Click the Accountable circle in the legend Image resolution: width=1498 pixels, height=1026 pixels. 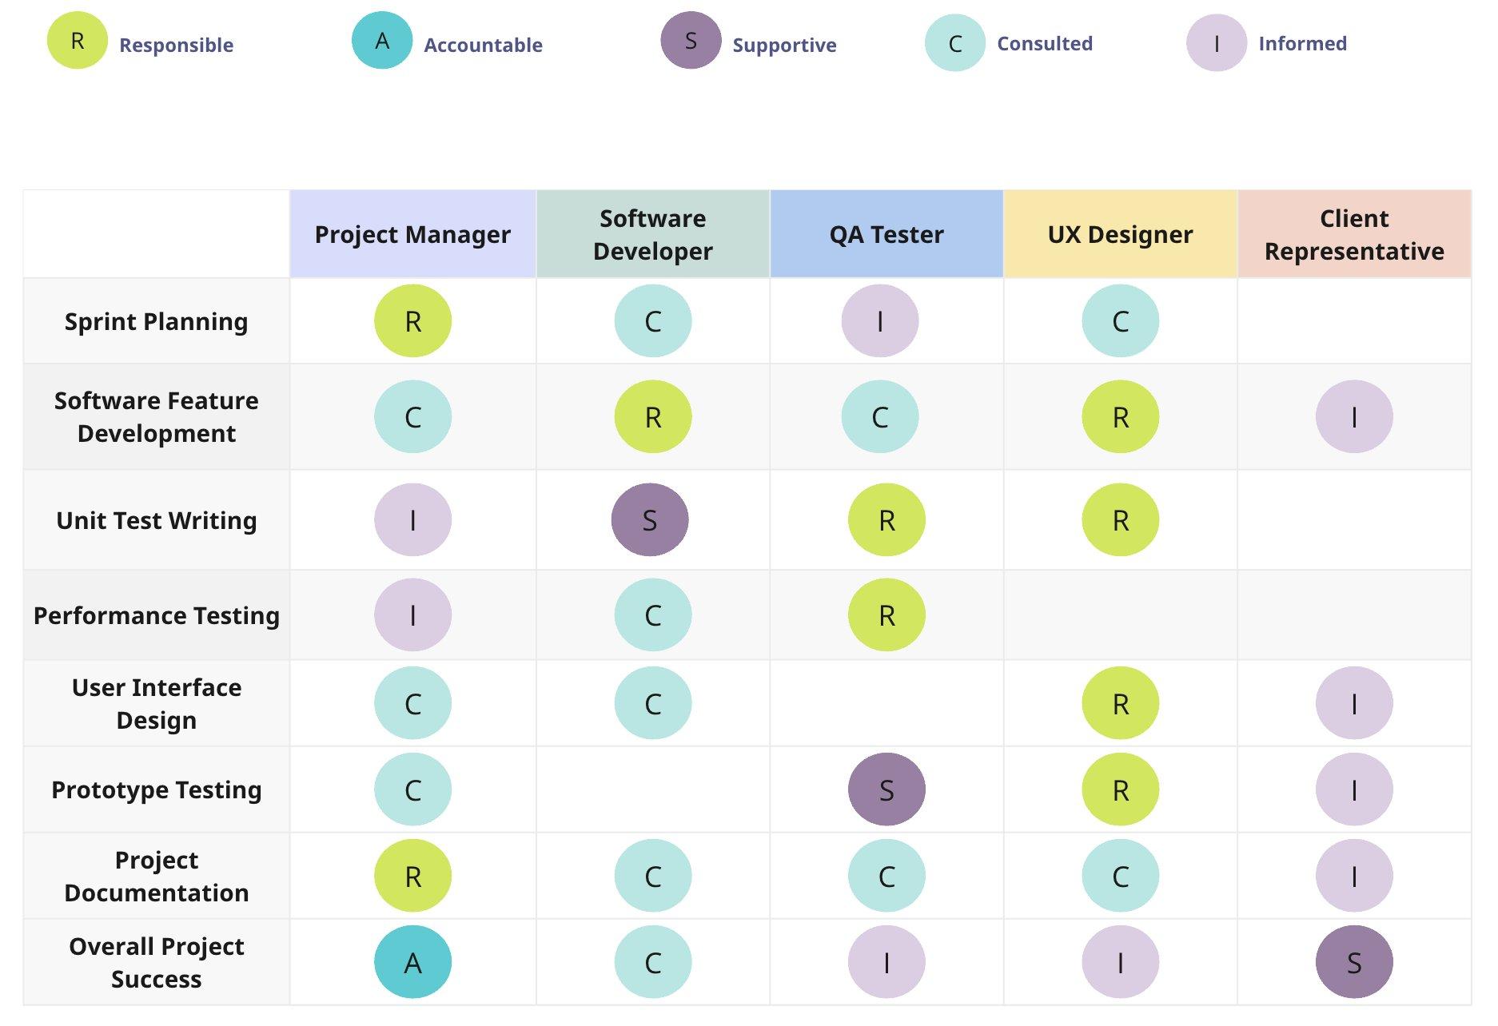coord(381,41)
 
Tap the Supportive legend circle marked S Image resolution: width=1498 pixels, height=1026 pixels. coord(691,41)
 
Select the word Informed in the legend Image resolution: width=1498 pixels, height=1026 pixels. coord(1302,43)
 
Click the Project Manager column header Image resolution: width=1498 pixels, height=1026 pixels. coord(412,234)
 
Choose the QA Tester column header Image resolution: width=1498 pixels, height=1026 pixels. coord(886,234)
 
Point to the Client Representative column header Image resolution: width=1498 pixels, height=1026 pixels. coord(1354,234)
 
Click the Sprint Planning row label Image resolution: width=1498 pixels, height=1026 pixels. coord(156,321)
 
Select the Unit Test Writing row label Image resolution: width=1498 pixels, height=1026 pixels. coord(156,520)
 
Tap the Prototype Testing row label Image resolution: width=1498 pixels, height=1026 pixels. coord(156,789)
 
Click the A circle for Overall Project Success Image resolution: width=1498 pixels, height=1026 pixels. coord(412,962)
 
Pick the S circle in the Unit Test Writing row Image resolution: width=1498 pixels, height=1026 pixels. coord(650,520)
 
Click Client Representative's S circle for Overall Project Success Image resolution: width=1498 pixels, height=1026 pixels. coord(1354,962)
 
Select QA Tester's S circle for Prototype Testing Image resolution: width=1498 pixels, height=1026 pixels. coord(886,789)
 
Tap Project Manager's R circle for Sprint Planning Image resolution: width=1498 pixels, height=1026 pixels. coord(412,321)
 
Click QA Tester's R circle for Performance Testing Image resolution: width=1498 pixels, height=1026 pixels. coord(886,615)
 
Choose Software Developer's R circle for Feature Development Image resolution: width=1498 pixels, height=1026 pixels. coord(653,417)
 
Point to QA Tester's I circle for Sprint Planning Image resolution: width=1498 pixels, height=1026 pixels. coord(880,321)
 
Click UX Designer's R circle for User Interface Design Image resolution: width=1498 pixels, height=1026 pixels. coord(1120,703)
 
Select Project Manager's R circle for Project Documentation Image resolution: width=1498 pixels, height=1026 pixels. coord(412,876)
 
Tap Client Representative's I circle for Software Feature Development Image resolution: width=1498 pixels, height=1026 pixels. coord(1354,417)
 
